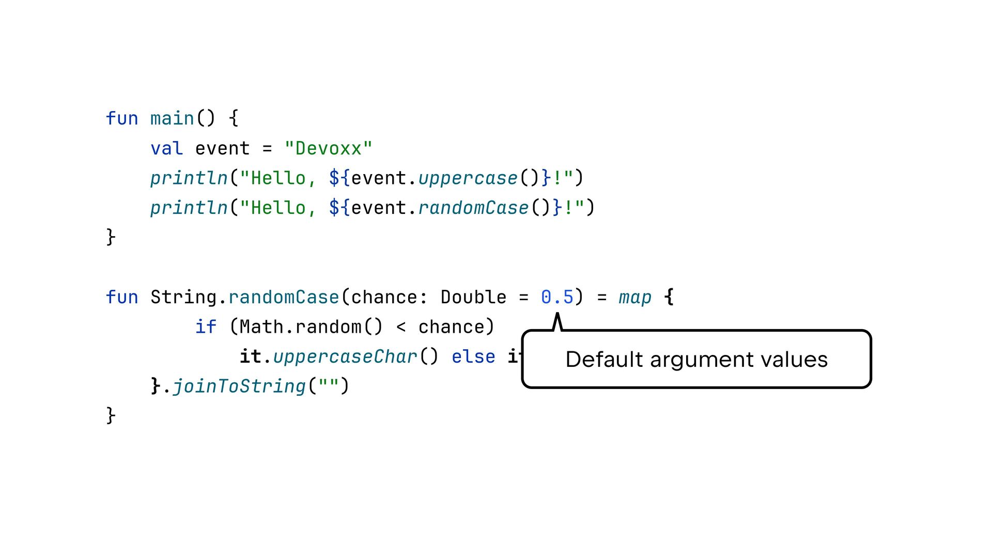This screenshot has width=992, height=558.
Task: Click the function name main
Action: [172, 119]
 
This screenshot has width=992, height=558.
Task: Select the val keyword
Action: [166, 149]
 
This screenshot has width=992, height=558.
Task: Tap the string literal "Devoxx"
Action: [328, 149]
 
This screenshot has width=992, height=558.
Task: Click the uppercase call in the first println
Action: [468, 178]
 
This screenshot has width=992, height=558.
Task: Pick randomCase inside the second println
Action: [473, 208]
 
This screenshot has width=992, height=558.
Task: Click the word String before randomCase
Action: [183, 298]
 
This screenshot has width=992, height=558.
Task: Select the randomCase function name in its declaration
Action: [284, 298]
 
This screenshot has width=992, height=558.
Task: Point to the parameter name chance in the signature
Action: [384, 298]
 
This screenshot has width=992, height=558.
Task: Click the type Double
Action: [473, 298]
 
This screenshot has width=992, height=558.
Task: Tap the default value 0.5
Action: [557, 298]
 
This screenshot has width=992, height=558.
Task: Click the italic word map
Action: [635, 298]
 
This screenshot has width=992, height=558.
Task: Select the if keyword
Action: [206, 327]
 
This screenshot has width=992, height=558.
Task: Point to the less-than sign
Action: [401, 327]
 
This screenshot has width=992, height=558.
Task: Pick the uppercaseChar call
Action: [345, 357]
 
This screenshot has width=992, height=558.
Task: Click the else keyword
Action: [473, 357]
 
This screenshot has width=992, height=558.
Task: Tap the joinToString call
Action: [239, 386]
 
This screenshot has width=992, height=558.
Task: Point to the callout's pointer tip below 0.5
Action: [557, 315]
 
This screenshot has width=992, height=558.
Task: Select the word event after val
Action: [222, 149]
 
